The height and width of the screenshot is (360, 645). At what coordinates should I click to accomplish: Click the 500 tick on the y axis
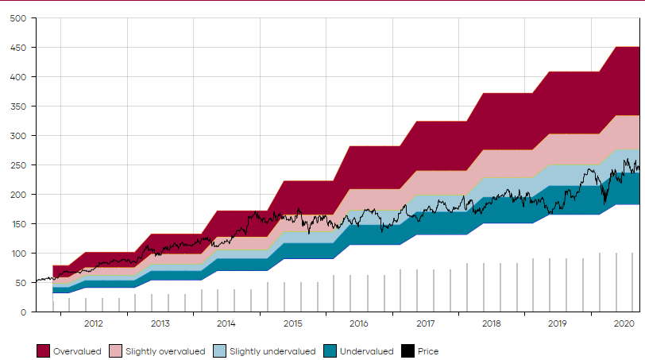pyautogui.click(x=18, y=18)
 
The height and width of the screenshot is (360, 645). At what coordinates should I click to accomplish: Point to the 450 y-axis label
pyautogui.click(x=18, y=48)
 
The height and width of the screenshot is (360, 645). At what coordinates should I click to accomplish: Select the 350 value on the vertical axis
pyautogui.click(x=18, y=106)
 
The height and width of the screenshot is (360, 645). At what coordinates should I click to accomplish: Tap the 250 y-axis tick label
pyautogui.click(x=18, y=165)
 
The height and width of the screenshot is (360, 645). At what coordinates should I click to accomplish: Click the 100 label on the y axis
pyautogui.click(x=18, y=254)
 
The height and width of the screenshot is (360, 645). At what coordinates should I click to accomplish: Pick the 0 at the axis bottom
pyautogui.click(x=24, y=312)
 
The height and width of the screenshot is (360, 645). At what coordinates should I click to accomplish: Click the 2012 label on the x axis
pyautogui.click(x=93, y=324)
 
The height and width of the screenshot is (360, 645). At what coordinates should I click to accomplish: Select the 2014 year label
pyautogui.click(x=226, y=324)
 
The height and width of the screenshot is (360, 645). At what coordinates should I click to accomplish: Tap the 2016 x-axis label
pyautogui.click(x=358, y=324)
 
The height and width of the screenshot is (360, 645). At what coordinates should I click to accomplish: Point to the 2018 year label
pyautogui.click(x=491, y=324)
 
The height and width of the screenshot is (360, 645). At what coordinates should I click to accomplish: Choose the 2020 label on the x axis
pyautogui.click(x=624, y=324)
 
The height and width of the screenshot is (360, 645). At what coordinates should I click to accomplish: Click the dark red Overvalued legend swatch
pyautogui.click(x=44, y=351)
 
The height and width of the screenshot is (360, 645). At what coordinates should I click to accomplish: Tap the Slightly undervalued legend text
pyautogui.click(x=272, y=351)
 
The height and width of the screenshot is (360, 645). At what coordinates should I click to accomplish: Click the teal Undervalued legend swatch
pyautogui.click(x=330, y=351)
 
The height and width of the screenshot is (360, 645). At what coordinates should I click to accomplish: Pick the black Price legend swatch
pyautogui.click(x=408, y=351)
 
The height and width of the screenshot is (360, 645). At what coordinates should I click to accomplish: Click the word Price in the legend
pyautogui.click(x=428, y=351)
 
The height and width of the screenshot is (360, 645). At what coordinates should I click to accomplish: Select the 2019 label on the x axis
pyautogui.click(x=558, y=324)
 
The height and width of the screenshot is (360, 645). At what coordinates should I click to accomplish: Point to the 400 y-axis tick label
pyautogui.click(x=18, y=77)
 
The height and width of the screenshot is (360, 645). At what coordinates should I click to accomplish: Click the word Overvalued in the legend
pyautogui.click(x=77, y=351)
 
